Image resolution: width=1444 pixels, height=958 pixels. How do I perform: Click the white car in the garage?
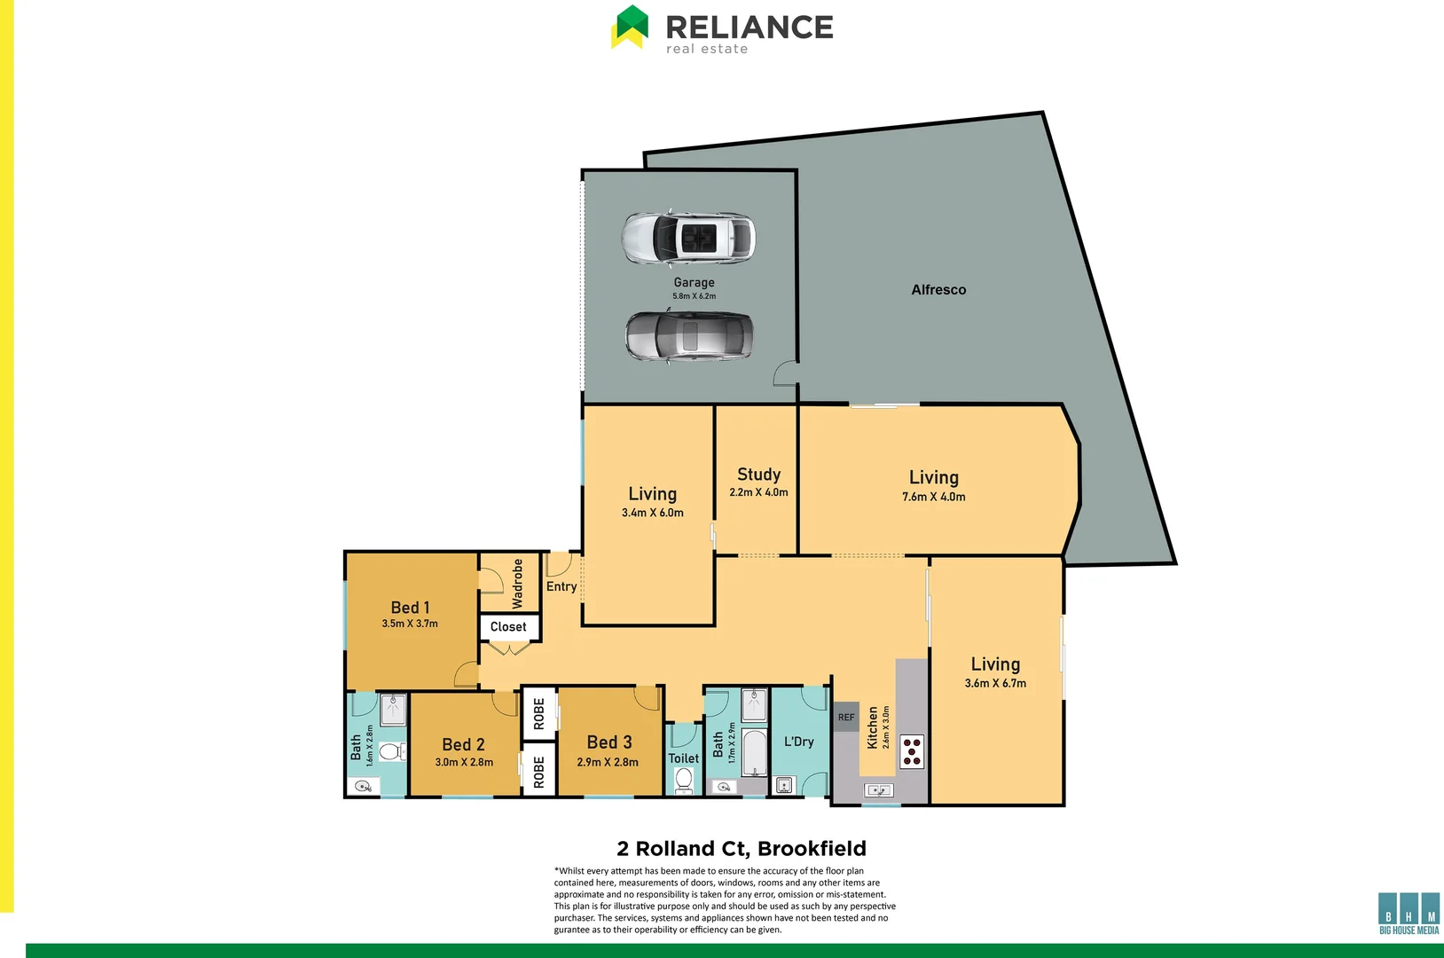(x=688, y=238)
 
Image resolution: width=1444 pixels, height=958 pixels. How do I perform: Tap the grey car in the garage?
(x=689, y=336)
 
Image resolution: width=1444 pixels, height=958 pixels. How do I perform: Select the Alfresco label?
(x=938, y=290)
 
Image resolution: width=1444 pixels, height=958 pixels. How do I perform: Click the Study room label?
(x=758, y=475)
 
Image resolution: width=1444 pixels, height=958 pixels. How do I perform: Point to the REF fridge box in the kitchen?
(x=846, y=717)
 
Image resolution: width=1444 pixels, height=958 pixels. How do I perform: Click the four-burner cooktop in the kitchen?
(x=912, y=751)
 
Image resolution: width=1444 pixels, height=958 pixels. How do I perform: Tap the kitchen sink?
(x=879, y=789)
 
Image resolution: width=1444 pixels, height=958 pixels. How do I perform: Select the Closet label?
(x=508, y=627)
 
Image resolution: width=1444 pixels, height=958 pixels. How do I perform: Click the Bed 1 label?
(x=410, y=608)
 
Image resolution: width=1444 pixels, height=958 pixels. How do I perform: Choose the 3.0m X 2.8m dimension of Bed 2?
(x=464, y=762)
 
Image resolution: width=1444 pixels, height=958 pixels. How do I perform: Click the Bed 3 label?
(x=609, y=742)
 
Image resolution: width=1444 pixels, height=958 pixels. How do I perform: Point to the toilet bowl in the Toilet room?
(x=684, y=781)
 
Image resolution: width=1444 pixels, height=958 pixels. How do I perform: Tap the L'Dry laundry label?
(x=798, y=742)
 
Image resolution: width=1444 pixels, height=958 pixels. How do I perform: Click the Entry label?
(x=561, y=586)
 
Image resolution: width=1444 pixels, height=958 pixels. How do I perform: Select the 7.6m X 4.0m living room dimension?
(x=933, y=497)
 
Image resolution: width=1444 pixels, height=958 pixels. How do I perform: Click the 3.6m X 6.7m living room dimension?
(x=995, y=683)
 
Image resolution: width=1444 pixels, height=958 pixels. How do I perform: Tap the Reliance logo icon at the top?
(x=630, y=27)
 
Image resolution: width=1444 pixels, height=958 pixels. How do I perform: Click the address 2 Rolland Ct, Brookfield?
(x=742, y=849)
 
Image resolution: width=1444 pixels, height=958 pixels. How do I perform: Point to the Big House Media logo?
(x=1409, y=914)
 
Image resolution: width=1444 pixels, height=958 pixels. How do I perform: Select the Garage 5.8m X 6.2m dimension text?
(x=694, y=296)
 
